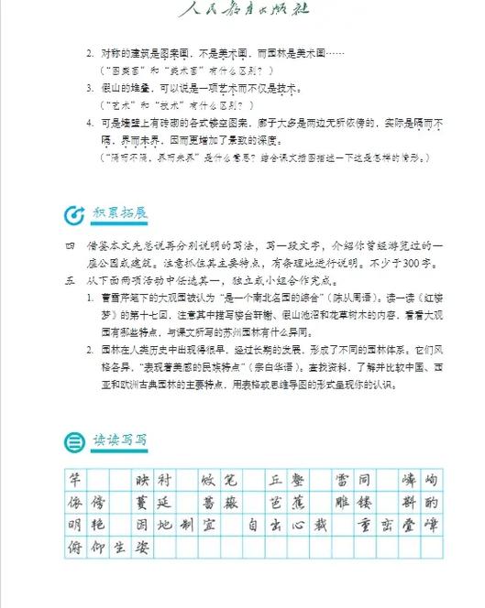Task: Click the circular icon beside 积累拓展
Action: click(72, 215)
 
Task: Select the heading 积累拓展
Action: click(119, 214)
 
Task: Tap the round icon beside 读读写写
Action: click(72, 441)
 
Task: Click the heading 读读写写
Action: click(119, 440)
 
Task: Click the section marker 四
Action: click(68, 248)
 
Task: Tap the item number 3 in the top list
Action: click(90, 88)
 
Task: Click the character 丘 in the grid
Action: click(274, 480)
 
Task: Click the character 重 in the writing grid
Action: click(362, 527)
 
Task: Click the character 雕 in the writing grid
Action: click(341, 503)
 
